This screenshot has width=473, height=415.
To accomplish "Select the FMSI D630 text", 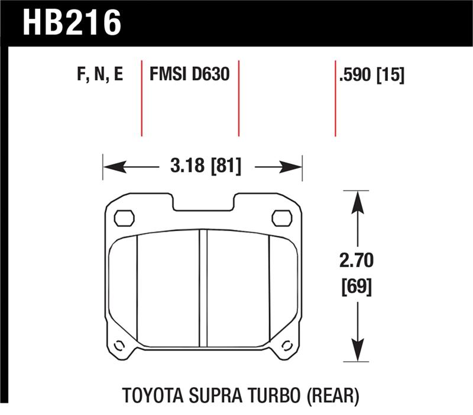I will coord(189,76).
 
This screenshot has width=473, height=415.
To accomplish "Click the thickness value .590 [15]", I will coord(372,76).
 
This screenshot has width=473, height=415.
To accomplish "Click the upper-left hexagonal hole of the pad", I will coord(124,218).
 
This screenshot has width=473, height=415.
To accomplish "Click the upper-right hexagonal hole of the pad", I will coord(281,218).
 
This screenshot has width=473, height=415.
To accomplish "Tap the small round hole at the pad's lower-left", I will coord(118,346).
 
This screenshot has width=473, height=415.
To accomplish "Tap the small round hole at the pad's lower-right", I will coord(287,346).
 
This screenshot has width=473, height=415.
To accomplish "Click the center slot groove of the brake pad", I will coord(203,288).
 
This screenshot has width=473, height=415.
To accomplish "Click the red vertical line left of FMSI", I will coord(142,98).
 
